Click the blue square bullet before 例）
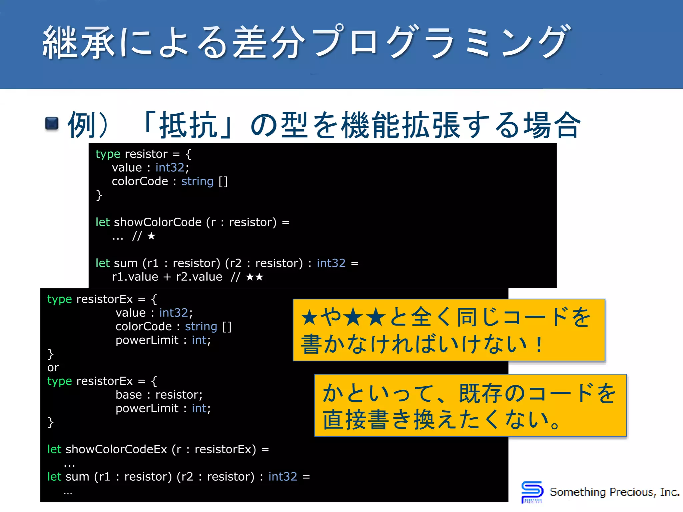coord(52,124)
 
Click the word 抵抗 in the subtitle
coord(188,125)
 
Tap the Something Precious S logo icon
coord(532,492)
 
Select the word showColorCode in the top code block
coord(157,222)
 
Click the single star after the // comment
coord(151,236)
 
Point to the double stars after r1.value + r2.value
coord(254,277)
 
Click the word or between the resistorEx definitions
coord(53,368)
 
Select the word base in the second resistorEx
coord(129,395)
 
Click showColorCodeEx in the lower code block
coord(116,450)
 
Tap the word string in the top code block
coord(197,182)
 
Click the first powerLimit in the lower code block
coord(147,340)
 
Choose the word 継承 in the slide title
coord(79,43)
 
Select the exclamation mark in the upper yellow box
coord(538,345)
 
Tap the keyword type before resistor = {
coord(108,154)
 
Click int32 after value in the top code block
coord(170,168)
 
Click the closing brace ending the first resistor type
coord(99,195)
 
